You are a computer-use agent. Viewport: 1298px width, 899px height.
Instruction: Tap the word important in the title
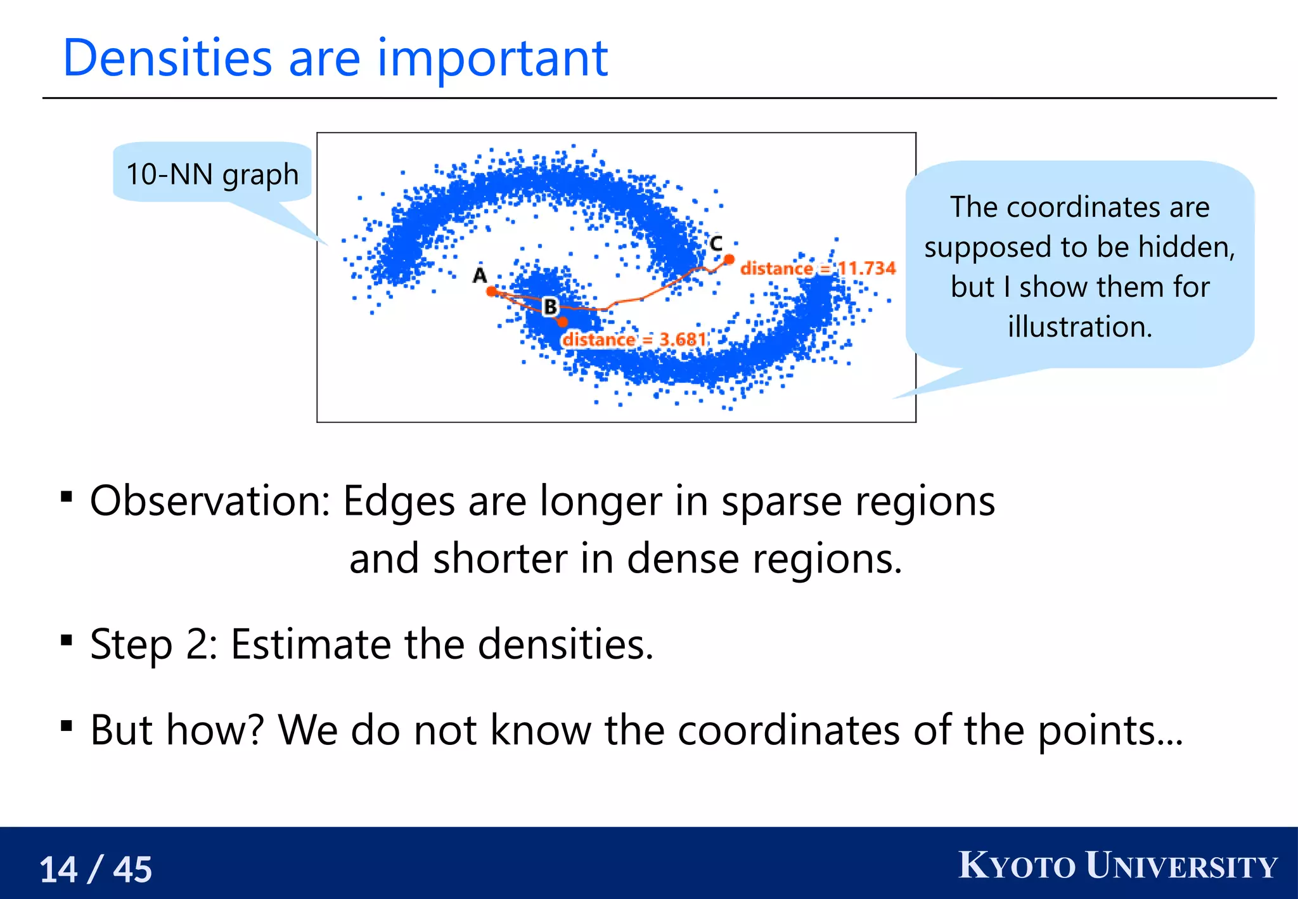tap(492, 58)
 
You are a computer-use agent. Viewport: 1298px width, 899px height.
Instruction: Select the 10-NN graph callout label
tap(212, 174)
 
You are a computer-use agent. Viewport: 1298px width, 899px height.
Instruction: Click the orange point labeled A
tap(492, 291)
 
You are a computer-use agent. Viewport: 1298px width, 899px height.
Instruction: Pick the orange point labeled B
tap(562, 323)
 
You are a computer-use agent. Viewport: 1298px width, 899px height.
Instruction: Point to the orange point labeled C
tap(729, 259)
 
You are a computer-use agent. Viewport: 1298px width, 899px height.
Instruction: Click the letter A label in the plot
tap(480, 275)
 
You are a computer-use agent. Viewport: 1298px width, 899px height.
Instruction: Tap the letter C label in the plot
tap(716, 243)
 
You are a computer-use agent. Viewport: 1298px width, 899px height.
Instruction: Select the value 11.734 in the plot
tap(867, 268)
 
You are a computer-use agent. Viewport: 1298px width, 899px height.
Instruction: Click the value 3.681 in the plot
tap(683, 340)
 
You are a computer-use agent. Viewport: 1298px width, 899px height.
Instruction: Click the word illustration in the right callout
tap(1079, 327)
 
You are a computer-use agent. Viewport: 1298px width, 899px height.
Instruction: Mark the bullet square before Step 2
tap(67, 640)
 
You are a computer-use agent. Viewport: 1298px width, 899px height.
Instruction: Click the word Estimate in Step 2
tap(311, 644)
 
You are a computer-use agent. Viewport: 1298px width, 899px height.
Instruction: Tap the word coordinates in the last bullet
tap(788, 730)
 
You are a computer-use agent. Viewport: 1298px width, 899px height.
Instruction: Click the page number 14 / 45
tap(96, 869)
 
